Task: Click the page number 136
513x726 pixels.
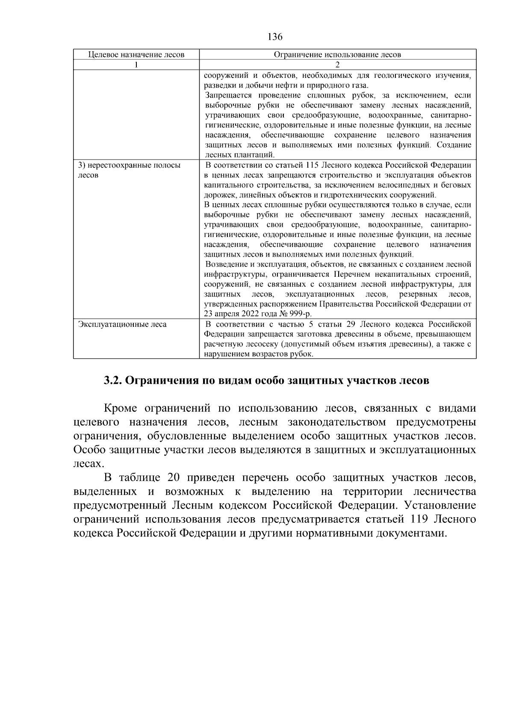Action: [x=275, y=37]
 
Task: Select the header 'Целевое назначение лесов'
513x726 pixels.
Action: [x=136, y=54]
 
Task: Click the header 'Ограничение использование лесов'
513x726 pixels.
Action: [x=337, y=54]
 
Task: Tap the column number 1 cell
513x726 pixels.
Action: [x=136, y=65]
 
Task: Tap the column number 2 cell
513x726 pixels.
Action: [x=337, y=65]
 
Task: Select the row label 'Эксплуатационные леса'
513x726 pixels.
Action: [x=122, y=324]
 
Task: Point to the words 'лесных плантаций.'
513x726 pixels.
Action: [x=239, y=155]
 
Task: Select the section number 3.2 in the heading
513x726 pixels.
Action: [x=113, y=380]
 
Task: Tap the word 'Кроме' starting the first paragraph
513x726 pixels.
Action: [x=120, y=409]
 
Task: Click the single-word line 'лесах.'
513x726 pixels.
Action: [x=88, y=463]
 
